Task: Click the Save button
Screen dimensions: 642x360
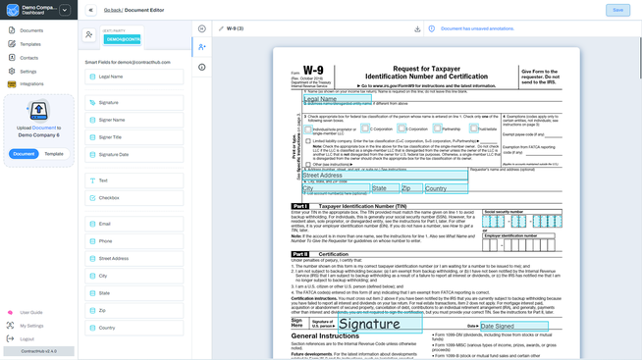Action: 617,10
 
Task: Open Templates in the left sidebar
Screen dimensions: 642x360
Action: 30,44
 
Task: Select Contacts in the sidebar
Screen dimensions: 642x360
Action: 29,58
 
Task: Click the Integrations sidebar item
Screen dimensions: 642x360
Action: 31,84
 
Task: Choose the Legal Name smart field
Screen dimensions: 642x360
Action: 110,77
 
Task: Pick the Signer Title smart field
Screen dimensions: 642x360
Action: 110,137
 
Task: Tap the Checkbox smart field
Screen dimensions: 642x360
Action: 109,198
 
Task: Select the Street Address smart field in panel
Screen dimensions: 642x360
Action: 113,259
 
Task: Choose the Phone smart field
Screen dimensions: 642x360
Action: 105,241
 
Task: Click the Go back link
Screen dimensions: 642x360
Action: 112,10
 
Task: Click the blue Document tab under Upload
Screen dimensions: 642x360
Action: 25,154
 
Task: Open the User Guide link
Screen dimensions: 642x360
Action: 30,313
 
